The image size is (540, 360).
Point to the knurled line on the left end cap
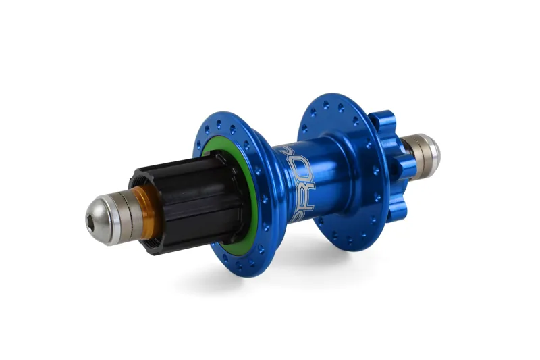124,205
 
